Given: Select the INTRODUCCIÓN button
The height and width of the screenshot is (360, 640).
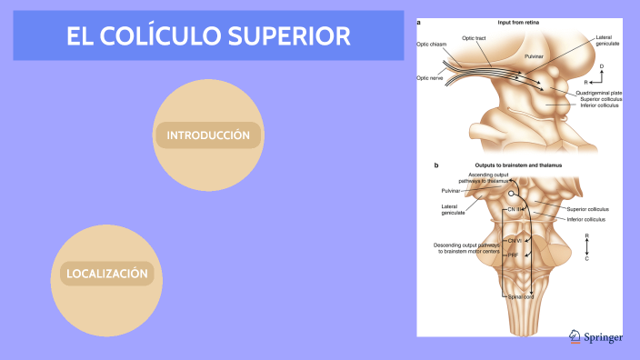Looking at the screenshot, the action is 208,135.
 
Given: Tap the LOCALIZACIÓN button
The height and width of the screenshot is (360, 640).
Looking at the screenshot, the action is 106,273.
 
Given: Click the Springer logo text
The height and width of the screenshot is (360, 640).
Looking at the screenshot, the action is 602,337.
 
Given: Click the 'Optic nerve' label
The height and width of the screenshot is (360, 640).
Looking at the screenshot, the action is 429,78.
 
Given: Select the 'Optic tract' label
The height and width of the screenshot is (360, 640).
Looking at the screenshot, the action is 475,37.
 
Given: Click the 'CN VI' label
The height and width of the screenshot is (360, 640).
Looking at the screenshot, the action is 514,240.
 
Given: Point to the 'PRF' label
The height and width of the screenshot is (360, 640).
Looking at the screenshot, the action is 514,255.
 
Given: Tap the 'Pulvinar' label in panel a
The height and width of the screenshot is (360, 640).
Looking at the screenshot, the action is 535,56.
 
